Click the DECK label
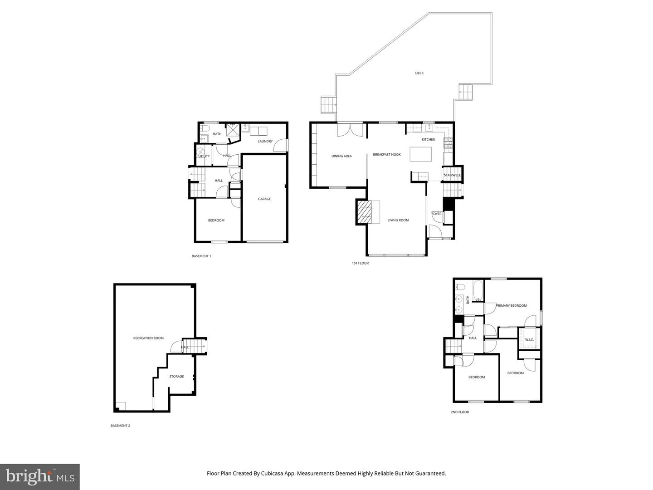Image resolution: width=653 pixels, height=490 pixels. [419, 73]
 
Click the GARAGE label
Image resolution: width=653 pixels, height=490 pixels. [264, 199]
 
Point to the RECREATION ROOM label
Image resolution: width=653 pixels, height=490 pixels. [148, 338]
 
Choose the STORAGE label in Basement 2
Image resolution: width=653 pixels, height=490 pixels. [176, 377]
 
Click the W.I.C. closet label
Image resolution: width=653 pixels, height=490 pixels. [529, 340]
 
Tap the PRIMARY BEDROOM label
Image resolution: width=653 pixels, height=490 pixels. [511, 305]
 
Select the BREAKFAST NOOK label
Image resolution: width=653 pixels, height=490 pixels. [387, 155]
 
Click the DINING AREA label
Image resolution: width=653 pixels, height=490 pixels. [341, 156]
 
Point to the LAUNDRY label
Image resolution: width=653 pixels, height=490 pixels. [265, 141]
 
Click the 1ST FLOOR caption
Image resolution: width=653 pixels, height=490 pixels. [360, 263]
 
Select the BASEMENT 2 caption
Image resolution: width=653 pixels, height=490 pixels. [120, 426]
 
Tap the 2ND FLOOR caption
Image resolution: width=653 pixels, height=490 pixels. [459, 412]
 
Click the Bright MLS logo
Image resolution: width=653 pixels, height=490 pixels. [40, 476]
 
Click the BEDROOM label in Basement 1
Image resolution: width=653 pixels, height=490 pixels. [216, 220]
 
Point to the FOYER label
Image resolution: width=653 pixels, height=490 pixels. [436, 214]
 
